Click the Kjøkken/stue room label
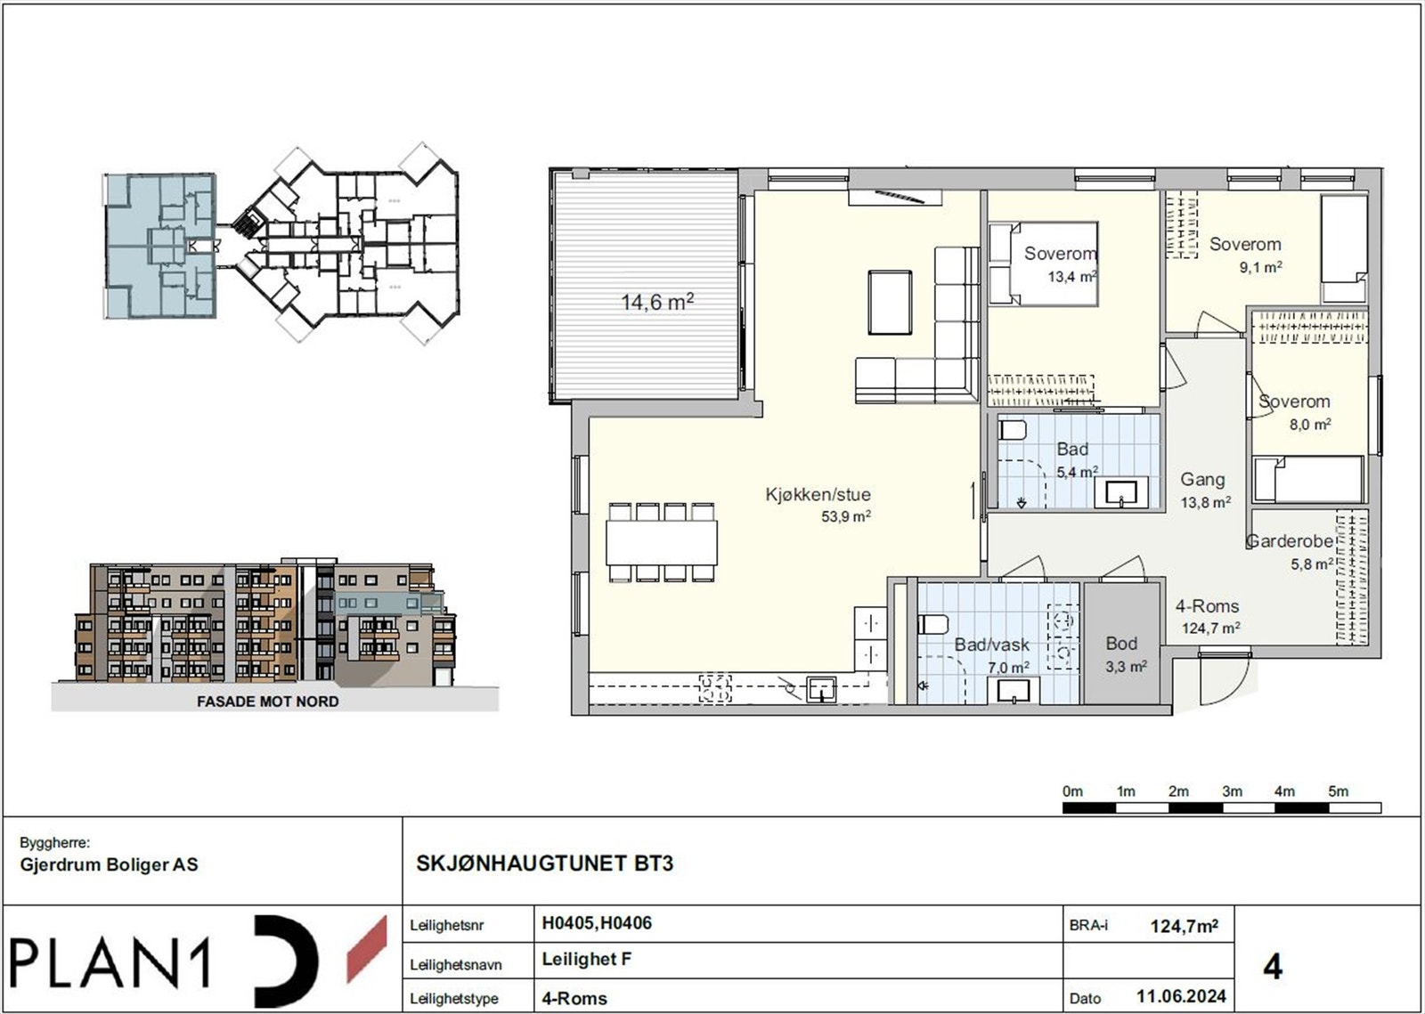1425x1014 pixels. tap(818, 495)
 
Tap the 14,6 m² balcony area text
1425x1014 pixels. tap(657, 303)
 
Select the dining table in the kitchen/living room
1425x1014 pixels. tap(662, 542)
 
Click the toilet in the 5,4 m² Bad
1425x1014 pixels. tap(1013, 431)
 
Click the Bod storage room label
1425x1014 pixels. tap(1121, 643)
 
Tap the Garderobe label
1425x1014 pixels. tap(1289, 541)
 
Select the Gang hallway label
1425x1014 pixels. tap(1202, 480)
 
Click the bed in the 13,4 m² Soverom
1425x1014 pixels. tap(1043, 264)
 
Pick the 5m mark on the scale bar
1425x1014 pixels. tap(1338, 791)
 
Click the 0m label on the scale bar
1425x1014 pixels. tap(1072, 791)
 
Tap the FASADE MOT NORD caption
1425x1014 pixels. tap(267, 702)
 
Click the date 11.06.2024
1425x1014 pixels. tap(1181, 996)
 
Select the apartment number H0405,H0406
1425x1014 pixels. tap(597, 923)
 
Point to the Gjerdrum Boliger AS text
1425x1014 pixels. tap(109, 864)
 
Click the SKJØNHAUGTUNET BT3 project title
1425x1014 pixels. tap(545, 864)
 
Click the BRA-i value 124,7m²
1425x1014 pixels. tap(1184, 926)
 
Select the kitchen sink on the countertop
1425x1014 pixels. tap(820, 689)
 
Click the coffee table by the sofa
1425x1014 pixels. tap(890, 303)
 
